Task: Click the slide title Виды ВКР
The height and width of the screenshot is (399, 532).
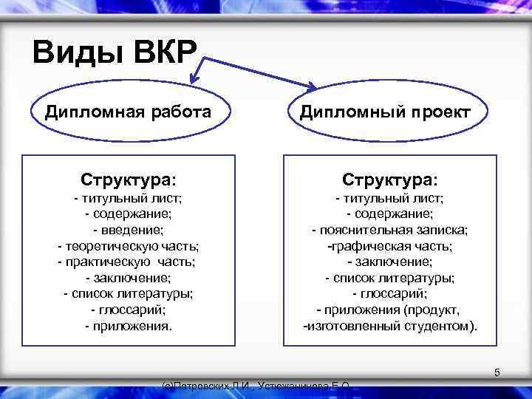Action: [115, 52]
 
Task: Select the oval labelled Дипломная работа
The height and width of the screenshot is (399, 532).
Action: [128, 112]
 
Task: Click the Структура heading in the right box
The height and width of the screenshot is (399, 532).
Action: [389, 180]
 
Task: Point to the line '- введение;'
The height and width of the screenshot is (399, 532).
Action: [129, 230]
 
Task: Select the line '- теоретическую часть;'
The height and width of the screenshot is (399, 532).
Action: [129, 245]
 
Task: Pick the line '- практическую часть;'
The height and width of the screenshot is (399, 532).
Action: [129, 262]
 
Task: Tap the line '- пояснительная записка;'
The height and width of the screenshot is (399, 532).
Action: [389, 230]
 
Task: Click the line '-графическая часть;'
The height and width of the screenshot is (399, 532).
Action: [389, 245]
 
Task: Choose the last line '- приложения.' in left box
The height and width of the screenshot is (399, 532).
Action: [129, 325]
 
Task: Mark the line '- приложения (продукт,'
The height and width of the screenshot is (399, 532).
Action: [389, 310]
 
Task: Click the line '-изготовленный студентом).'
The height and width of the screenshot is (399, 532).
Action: [391, 325]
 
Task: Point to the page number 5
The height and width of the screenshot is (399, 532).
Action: [497, 373]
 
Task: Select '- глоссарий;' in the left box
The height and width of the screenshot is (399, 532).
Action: [129, 310]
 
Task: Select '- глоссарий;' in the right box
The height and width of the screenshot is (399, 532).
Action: [389, 293]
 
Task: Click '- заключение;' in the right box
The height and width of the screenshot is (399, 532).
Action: [389, 262]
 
